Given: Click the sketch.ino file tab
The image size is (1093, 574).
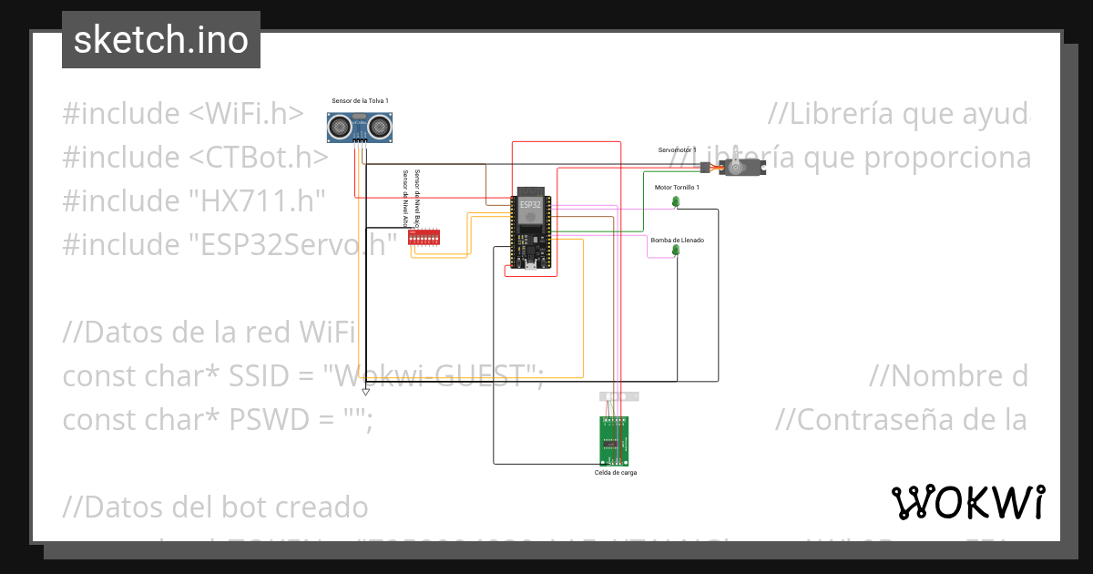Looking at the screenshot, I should click(160, 40).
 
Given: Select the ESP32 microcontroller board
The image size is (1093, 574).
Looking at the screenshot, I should click(530, 229).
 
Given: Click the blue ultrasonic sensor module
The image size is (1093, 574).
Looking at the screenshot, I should click(360, 125).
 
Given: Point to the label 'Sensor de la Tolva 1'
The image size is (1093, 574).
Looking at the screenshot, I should click(360, 100).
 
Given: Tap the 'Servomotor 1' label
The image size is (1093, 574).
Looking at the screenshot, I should click(677, 149).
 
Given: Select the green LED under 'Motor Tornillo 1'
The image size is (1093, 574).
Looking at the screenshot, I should click(676, 200).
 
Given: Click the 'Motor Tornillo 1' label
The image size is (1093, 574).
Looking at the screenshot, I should click(677, 187).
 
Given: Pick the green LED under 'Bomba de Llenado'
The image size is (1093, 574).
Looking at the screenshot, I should click(676, 250).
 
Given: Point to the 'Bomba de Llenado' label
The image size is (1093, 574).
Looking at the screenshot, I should click(677, 241).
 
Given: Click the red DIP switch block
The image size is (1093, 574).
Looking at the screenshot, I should click(425, 237).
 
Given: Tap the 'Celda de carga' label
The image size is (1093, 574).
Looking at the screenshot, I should click(616, 473).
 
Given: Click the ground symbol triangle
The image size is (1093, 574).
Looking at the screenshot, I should click(365, 392).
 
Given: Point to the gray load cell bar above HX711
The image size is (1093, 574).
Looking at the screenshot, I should click(618, 396).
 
